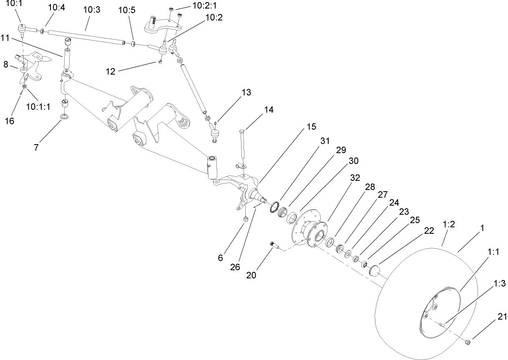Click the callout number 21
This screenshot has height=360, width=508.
[x=502, y=317]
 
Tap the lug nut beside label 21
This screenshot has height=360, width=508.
[x=468, y=342]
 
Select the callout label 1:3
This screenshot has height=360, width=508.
[x=499, y=284]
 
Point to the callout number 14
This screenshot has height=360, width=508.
[x=269, y=110]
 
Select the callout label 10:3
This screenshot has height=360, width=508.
[x=92, y=10]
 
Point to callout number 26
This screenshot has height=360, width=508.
[x=235, y=267]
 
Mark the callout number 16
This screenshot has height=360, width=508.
[x=9, y=121]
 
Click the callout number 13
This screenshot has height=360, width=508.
[x=246, y=92]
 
